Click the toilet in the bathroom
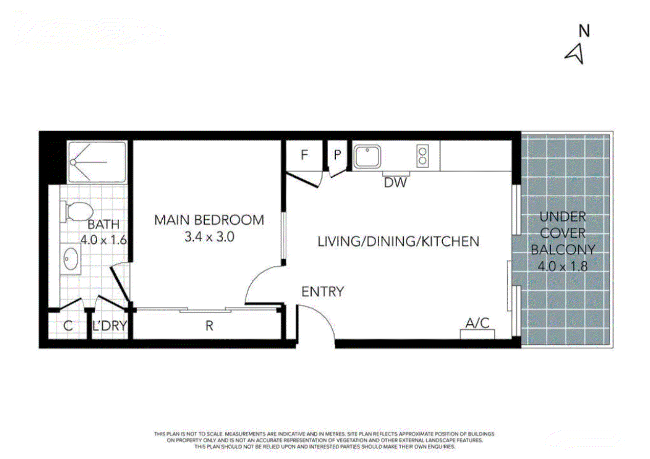tap(77, 211)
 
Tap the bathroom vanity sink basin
tap(71, 259)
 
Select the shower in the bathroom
tap(96, 162)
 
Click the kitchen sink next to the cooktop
tap(367, 156)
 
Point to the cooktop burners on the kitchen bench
tap(422, 156)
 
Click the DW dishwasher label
tap(395, 182)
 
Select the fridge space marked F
tap(304, 155)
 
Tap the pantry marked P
tap(338, 155)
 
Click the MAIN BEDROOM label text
tap(209, 220)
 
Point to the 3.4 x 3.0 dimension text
tap(209, 237)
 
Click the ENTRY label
tap(322, 292)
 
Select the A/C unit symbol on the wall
tap(478, 334)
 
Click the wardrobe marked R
tap(209, 326)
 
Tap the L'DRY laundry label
tap(110, 326)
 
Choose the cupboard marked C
tap(68, 326)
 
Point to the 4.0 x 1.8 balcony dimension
tap(562, 266)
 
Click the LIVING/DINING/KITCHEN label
tap(398, 241)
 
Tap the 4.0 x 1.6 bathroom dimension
tap(103, 240)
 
